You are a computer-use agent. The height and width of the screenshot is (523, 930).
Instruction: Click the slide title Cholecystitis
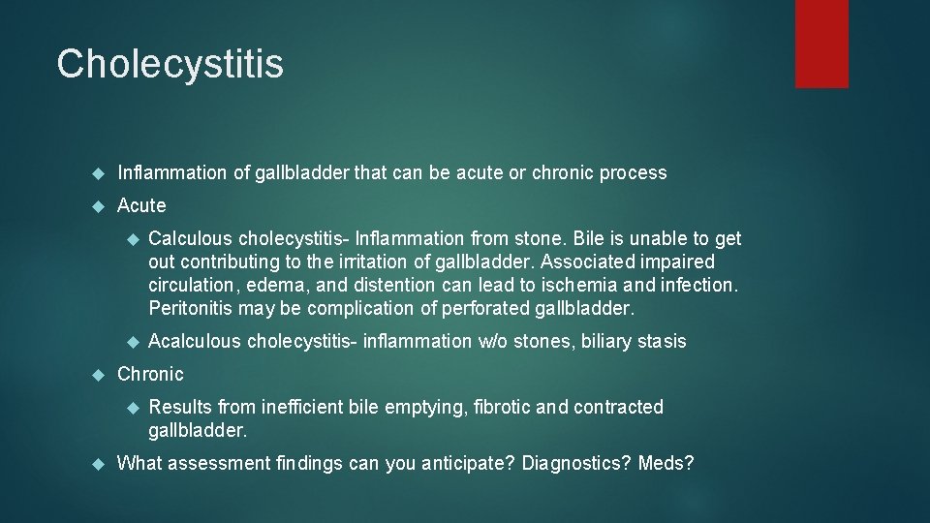pyautogui.click(x=170, y=64)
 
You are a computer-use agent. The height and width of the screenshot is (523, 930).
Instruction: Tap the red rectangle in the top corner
pyautogui.click(x=821, y=44)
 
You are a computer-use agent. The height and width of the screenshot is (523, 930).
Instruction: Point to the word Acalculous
pyautogui.click(x=194, y=341)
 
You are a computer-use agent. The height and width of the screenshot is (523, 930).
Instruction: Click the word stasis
pyautogui.click(x=662, y=341)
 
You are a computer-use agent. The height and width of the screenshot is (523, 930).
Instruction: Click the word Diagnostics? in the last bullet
pyautogui.click(x=576, y=463)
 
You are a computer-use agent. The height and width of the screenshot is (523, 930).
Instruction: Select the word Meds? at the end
pyautogui.click(x=666, y=463)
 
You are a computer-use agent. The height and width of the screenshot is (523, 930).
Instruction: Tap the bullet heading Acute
pyautogui.click(x=141, y=205)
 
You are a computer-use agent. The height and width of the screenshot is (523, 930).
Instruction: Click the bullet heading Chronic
pyautogui.click(x=150, y=374)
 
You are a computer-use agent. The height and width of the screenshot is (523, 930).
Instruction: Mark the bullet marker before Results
pyautogui.click(x=134, y=407)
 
